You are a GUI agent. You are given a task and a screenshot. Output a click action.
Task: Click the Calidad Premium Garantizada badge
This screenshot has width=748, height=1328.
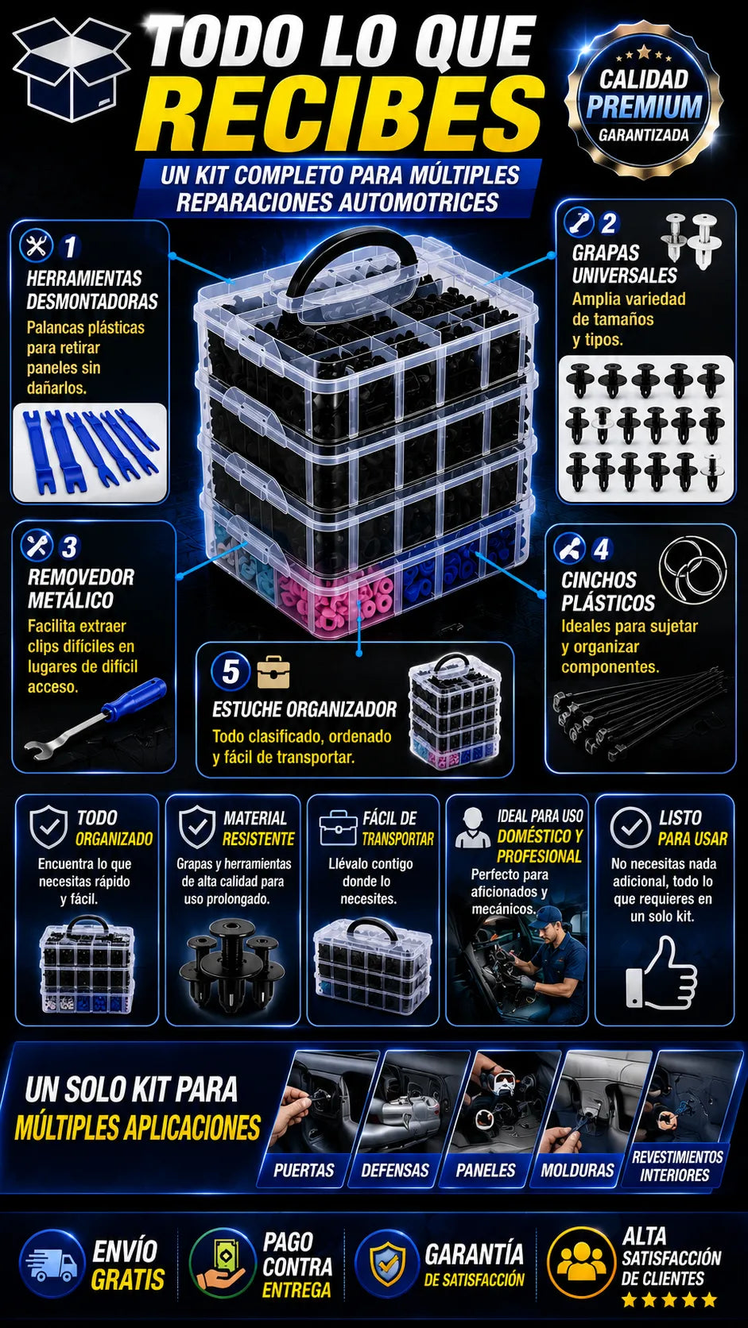(644, 106)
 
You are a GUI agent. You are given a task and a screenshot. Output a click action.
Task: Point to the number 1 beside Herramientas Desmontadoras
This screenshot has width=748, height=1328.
(71, 247)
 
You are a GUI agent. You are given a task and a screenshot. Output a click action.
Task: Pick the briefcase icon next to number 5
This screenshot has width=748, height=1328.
(273, 672)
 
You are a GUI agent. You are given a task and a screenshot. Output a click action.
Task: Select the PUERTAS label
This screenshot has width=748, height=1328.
(304, 1170)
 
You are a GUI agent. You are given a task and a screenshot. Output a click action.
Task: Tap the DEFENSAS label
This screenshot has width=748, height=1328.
(395, 1170)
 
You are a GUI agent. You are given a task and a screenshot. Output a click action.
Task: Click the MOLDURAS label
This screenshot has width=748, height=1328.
(577, 1170)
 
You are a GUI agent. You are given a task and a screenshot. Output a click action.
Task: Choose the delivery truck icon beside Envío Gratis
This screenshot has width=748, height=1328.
(52, 1264)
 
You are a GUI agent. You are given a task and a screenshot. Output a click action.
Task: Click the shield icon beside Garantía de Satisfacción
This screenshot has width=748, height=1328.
(388, 1264)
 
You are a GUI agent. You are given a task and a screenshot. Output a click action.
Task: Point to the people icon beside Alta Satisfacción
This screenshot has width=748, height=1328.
(582, 1261)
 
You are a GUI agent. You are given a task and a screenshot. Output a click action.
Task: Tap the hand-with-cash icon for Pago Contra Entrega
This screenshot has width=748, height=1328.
(222, 1263)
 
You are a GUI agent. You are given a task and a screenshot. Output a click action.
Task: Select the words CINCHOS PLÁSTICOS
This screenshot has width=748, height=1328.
(608, 592)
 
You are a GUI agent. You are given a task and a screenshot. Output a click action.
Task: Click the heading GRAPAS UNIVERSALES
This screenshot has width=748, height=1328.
(624, 264)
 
